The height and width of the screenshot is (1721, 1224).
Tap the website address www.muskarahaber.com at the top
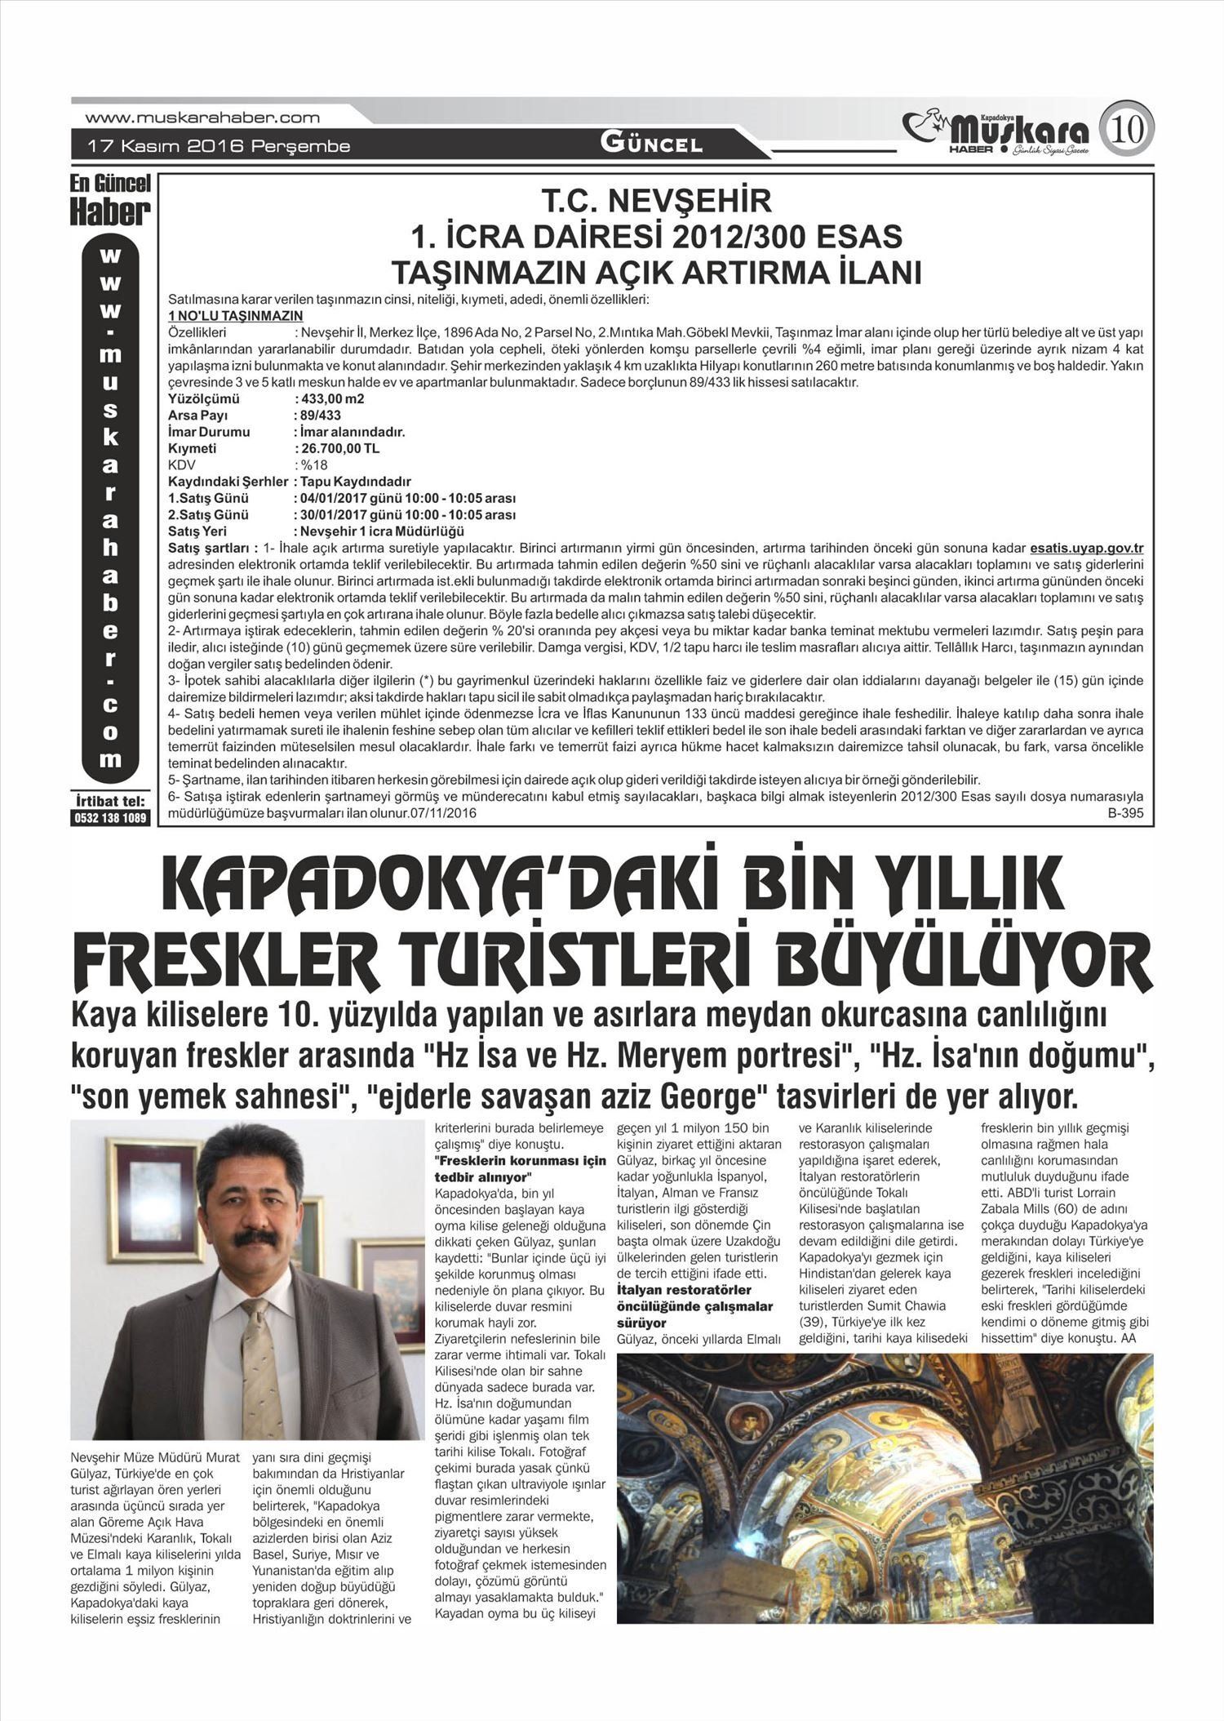tap(202, 118)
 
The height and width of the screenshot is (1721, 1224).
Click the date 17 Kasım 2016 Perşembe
tap(219, 147)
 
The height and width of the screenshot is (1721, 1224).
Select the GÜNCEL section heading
tap(651, 145)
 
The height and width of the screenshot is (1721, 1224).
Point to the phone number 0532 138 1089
tap(111, 818)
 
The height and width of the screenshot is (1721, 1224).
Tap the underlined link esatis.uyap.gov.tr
tap(1086, 547)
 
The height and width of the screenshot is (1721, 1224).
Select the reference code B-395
tap(1124, 814)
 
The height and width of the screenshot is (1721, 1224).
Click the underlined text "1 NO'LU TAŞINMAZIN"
tap(235, 316)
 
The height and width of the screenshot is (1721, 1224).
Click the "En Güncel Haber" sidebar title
tap(110, 200)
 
